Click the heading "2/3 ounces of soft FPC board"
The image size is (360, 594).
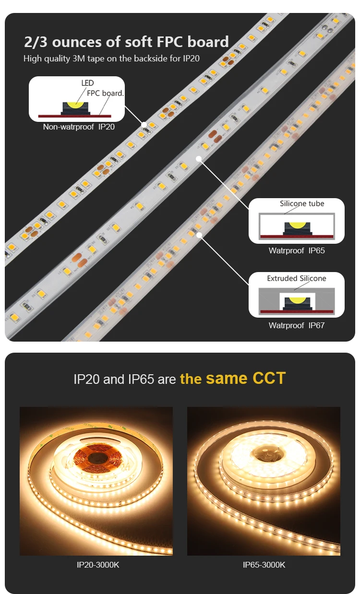pos(126,42)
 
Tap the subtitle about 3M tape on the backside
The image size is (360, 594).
pos(111,59)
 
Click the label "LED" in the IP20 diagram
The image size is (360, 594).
pos(87,83)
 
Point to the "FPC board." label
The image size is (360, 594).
pos(105,93)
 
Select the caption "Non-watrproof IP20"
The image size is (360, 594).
pos(79,127)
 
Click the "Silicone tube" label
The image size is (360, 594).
pos(302,203)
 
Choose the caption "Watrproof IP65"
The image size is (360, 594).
pos(297,250)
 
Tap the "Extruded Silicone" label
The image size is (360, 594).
pos(297,278)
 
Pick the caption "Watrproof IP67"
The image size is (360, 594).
pos(297,325)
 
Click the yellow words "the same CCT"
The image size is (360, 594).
pos(233,379)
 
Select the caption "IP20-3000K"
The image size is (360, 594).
pos(98,565)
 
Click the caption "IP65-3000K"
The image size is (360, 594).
pos(264,565)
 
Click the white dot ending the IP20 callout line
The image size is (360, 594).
pos(144,124)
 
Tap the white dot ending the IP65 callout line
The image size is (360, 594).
pos(199,158)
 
